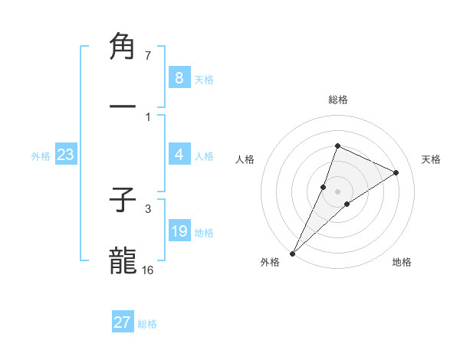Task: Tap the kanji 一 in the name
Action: pyautogui.click(x=123, y=108)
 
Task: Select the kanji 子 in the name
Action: pyautogui.click(x=123, y=201)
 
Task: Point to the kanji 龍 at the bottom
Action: pyautogui.click(x=123, y=261)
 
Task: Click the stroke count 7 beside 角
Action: pyautogui.click(x=147, y=56)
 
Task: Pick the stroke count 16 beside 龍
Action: pyautogui.click(x=147, y=270)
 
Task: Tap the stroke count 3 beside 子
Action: pyautogui.click(x=147, y=208)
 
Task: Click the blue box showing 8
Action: pyautogui.click(x=179, y=78)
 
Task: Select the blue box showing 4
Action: pyautogui.click(x=179, y=155)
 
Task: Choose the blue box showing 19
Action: pyautogui.click(x=179, y=231)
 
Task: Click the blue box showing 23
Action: pyautogui.click(x=65, y=155)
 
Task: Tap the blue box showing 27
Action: pyautogui.click(x=122, y=322)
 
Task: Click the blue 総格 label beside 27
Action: pyautogui.click(x=147, y=324)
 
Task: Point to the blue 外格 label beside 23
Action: pyautogui.click(x=41, y=156)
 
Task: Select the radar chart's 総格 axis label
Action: pyautogui.click(x=337, y=100)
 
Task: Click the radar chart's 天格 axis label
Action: pyautogui.click(x=431, y=159)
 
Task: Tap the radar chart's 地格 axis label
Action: pyautogui.click(x=402, y=262)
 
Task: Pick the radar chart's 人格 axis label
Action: pyautogui.click(x=245, y=159)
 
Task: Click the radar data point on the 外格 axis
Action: pyautogui.click(x=292, y=253)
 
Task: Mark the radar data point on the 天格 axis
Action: pyautogui.click(x=396, y=172)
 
